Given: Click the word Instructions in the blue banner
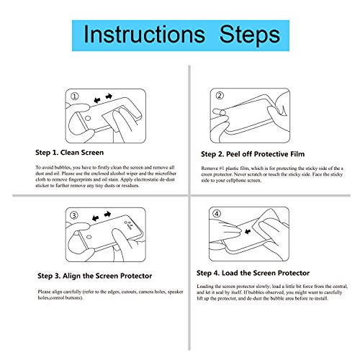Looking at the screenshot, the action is pyautogui.click(x=145, y=35).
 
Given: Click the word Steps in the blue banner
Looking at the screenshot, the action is pyautogui.click(x=250, y=36).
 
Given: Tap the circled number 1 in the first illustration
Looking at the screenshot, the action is pyautogui.click(x=75, y=96).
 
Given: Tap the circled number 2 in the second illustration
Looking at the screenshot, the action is pyautogui.click(x=220, y=96).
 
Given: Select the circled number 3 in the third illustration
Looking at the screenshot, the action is pyautogui.click(x=74, y=215).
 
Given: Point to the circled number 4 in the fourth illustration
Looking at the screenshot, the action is pyautogui.click(x=217, y=214).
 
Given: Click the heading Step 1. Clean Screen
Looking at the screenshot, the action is pyautogui.click(x=69, y=153).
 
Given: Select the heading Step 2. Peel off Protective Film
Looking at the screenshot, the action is pyautogui.click(x=253, y=154).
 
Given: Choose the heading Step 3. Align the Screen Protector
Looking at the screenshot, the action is pyautogui.click(x=95, y=276).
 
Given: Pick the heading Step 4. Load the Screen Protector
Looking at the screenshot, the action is pyautogui.click(x=253, y=273).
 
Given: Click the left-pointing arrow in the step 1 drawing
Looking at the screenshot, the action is pyautogui.click(x=97, y=100).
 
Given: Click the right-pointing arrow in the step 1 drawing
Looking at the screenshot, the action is pyautogui.click(x=109, y=96).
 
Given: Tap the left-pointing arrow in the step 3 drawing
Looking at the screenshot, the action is pyautogui.click(x=96, y=218).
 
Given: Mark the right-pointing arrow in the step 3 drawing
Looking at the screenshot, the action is pyautogui.click(x=107, y=214).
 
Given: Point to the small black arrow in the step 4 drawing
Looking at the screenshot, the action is pyautogui.click(x=248, y=232).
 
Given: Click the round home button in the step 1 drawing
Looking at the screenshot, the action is pyautogui.click(x=88, y=118).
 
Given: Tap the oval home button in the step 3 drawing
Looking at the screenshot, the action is pyautogui.click(x=89, y=237).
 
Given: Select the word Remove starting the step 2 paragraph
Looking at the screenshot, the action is pyautogui.click(x=210, y=168).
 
